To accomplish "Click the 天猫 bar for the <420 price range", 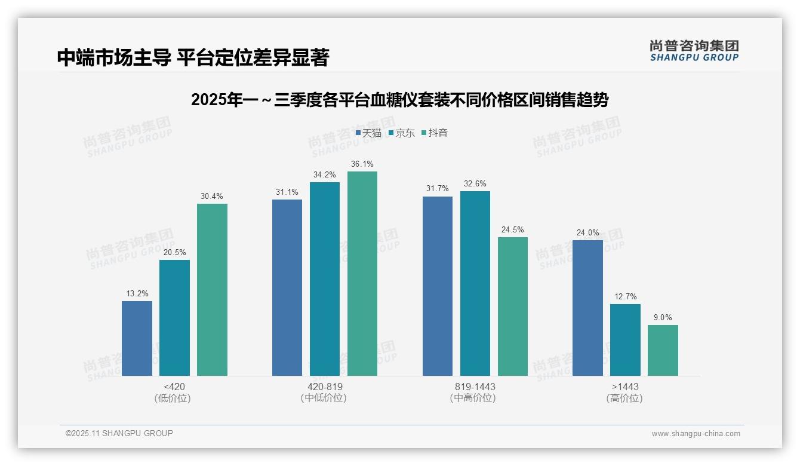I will click(x=137, y=338).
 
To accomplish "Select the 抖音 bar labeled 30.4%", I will click(x=212, y=290).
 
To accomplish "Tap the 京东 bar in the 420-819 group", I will click(x=325, y=279).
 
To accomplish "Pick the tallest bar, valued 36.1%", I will click(x=362, y=274).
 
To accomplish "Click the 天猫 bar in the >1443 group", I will click(x=587, y=308).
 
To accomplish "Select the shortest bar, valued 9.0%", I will click(x=663, y=350).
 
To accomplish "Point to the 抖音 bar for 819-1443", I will click(x=513, y=306).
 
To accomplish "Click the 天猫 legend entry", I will click(x=368, y=133).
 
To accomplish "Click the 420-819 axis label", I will click(x=325, y=387).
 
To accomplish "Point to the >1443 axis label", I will click(x=625, y=387).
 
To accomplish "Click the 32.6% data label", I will click(x=475, y=183).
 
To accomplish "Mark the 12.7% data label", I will click(x=625, y=296).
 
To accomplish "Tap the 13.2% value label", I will click(x=137, y=293).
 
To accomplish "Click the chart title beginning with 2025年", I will click(x=399, y=100).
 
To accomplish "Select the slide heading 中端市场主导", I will click(x=193, y=57).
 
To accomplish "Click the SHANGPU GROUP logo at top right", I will click(x=694, y=51).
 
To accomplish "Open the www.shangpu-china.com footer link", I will click(x=696, y=434).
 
